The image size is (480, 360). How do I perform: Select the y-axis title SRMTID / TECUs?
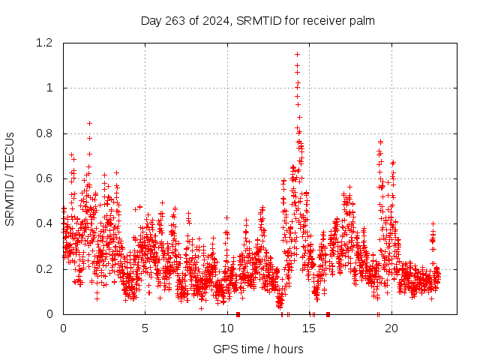[10, 178]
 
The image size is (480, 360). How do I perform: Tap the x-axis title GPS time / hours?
[258, 349]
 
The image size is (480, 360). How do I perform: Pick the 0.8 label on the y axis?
[47, 133]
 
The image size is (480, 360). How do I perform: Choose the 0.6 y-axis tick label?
[47, 178]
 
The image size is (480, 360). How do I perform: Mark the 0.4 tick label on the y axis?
[47, 223]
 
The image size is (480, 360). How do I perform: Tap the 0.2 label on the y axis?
[47, 268]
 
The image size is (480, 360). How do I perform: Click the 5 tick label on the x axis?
[145, 328]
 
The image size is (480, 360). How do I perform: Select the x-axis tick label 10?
[227, 328]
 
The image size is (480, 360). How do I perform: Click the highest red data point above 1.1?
[297, 54]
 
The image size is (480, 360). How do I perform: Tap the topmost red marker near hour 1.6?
[89, 123]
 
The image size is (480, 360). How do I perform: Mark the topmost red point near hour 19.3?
[380, 142]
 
